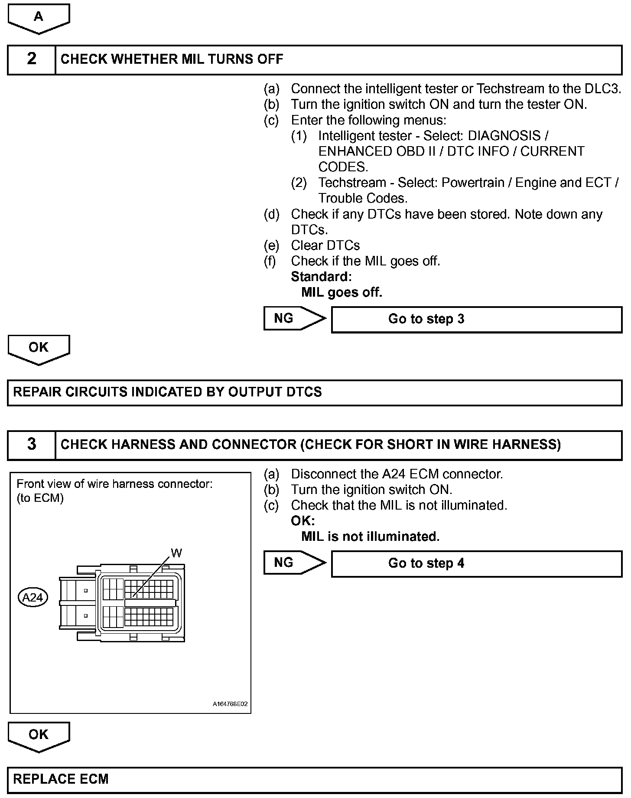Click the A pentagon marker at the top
point(39,17)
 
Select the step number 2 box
point(32,59)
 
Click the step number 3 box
point(32,445)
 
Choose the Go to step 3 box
point(476,320)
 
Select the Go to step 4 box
point(476,564)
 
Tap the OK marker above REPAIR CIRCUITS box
point(39,348)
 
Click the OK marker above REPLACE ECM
point(39,735)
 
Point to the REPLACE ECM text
point(61,779)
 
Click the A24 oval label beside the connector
point(33,598)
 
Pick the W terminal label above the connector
point(176,553)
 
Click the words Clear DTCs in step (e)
point(325,245)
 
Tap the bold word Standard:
point(321,277)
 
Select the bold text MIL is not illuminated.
point(370,536)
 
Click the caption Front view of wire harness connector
point(114,484)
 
